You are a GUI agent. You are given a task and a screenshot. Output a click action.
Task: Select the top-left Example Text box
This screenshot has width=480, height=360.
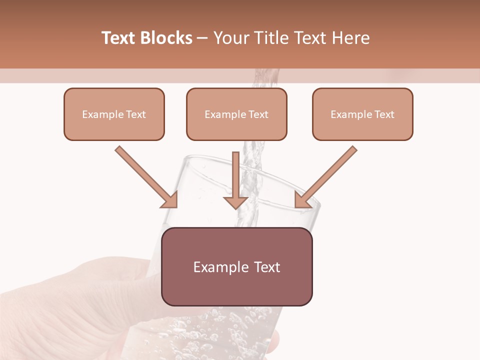pyautogui.click(x=114, y=114)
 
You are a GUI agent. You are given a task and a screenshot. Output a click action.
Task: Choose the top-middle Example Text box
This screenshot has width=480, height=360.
pyautogui.click(x=236, y=114)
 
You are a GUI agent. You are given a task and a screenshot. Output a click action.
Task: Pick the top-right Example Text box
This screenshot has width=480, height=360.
pyautogui.click(x=362, y=114)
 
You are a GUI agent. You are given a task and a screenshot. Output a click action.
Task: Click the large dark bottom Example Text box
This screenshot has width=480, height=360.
pyautogui.click(x=237, y=266)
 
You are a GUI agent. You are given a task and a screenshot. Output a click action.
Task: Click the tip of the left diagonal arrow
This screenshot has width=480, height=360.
pyautogui.click(x=176, y=206)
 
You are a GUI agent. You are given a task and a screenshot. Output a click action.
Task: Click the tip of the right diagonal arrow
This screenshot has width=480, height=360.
pyautogui.click(x=296, y=206)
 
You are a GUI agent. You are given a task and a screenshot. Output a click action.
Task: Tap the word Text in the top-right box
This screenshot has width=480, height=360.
pyautogui.click(x=384, y=114)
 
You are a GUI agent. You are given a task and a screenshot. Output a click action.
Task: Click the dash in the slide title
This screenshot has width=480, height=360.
pyautogui.click(x=203, y=38)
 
